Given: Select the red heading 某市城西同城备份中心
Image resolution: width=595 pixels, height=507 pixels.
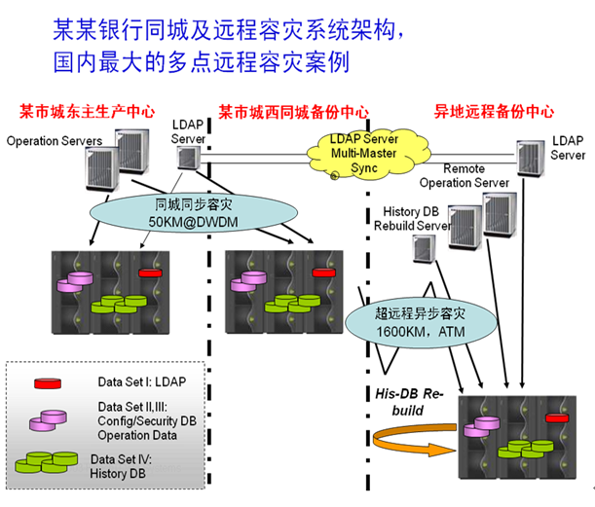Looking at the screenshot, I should pos(293,111).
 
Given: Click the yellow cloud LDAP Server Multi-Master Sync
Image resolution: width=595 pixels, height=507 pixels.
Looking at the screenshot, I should pos(365,154).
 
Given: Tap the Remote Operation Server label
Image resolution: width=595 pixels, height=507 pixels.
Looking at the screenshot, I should pos(464,175).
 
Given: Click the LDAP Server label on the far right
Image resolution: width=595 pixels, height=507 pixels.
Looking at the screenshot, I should pos(568,148).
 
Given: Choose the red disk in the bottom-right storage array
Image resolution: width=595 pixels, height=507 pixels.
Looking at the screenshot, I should pos(557,418).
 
